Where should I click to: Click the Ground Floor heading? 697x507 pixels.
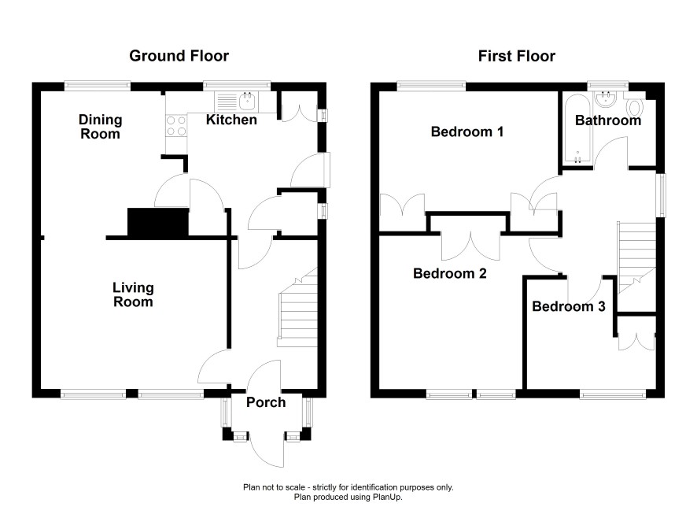click(179, 56)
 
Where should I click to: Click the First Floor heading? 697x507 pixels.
click(517, 57)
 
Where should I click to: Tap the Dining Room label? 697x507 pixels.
click(100, 127)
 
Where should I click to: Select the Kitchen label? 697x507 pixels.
click(231, 120)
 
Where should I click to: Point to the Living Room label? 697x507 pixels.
click(133, 295)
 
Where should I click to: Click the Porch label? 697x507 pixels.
click(266, 402)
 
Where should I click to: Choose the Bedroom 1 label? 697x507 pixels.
click(467, 131)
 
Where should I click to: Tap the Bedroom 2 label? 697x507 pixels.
click(450, 273)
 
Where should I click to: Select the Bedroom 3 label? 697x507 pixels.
click(569, 306)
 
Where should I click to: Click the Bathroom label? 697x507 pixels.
click(608, 120)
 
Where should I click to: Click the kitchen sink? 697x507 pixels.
click(234, 102)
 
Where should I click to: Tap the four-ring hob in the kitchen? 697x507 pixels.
click(176, 125)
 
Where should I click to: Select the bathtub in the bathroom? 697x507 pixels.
click(577, 129)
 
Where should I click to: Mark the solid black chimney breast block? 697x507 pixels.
click(158, 221)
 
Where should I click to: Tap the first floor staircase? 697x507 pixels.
click(636, 257)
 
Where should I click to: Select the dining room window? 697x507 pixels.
click(98, 86)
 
